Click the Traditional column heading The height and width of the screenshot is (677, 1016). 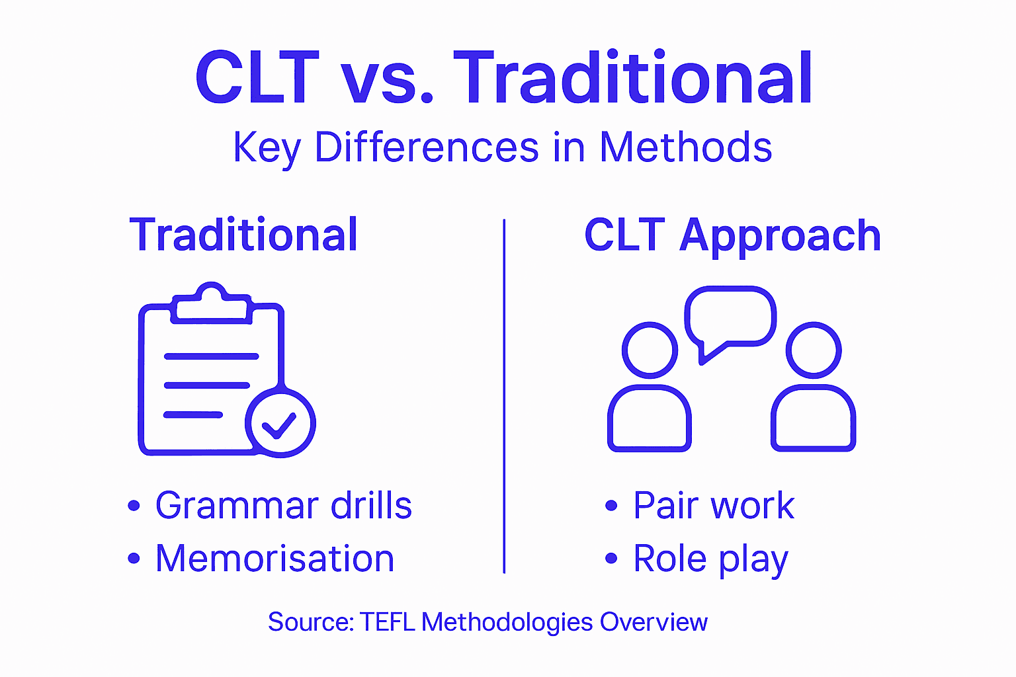tap(243, 235)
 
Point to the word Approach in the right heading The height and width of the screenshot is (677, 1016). tap(780, 236)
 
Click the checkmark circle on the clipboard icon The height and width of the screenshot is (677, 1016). tap(280, 424)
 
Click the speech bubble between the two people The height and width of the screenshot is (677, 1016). tap(730, 318)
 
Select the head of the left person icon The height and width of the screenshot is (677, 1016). tap(650, 350)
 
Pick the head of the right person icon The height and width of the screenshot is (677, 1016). tap(813, 350)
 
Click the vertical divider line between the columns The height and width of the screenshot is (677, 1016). tap(504, 397)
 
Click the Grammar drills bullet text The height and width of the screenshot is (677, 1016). tap(283, 506)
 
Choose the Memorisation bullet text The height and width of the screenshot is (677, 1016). tap(275, 559)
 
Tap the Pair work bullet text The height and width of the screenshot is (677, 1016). tap(714, 506)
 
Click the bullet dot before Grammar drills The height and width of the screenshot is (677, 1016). tap(134, 506)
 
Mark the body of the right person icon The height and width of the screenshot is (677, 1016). tap(813, 420)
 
